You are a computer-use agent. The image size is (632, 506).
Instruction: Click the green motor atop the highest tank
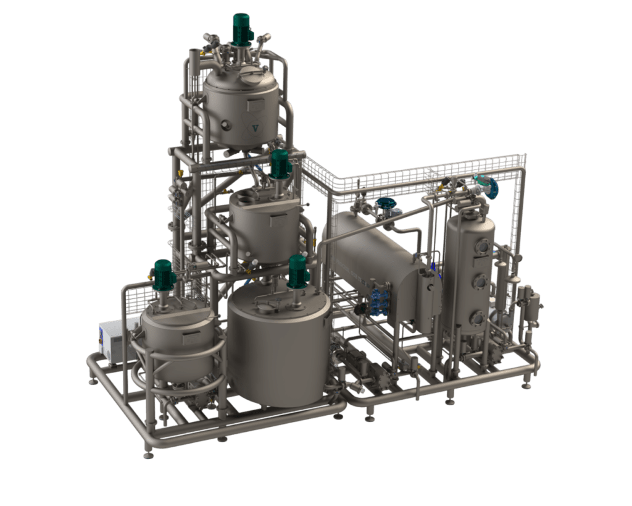pyautogui.click(x=241, y=28)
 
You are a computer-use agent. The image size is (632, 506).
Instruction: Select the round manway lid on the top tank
pyautogui.click(x=249, y=76)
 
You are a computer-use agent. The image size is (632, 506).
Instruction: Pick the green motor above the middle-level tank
pyautogui.click(x=280, y=164)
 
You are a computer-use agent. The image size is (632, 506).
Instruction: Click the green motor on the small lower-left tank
pyautogui.click(x=164, y=276)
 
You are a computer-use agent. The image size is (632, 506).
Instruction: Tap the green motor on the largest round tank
pyautogui.click(x=298, y=272)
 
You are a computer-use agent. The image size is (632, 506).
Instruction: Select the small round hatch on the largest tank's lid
pyautogui.click(x=267, y=306)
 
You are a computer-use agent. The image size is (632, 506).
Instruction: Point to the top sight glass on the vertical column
pyautogui.click(x=482, y=246)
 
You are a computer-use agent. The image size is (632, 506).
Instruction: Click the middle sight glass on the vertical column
pyautogui.click(x=480, y=282)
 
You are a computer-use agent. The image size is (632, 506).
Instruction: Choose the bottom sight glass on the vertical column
pyautogui.click(x=477, y=318)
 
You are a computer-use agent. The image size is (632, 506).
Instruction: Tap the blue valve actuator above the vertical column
pyautogui.click(x=491, y=187)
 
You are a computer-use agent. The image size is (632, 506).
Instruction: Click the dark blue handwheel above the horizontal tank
pyautogui.click(x=386, y=203)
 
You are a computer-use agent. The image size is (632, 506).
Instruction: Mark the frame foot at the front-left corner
pyautogui.click(x=148, y=455)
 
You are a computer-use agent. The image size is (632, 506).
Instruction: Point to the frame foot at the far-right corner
pyautogui.click(x=526, y=386)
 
